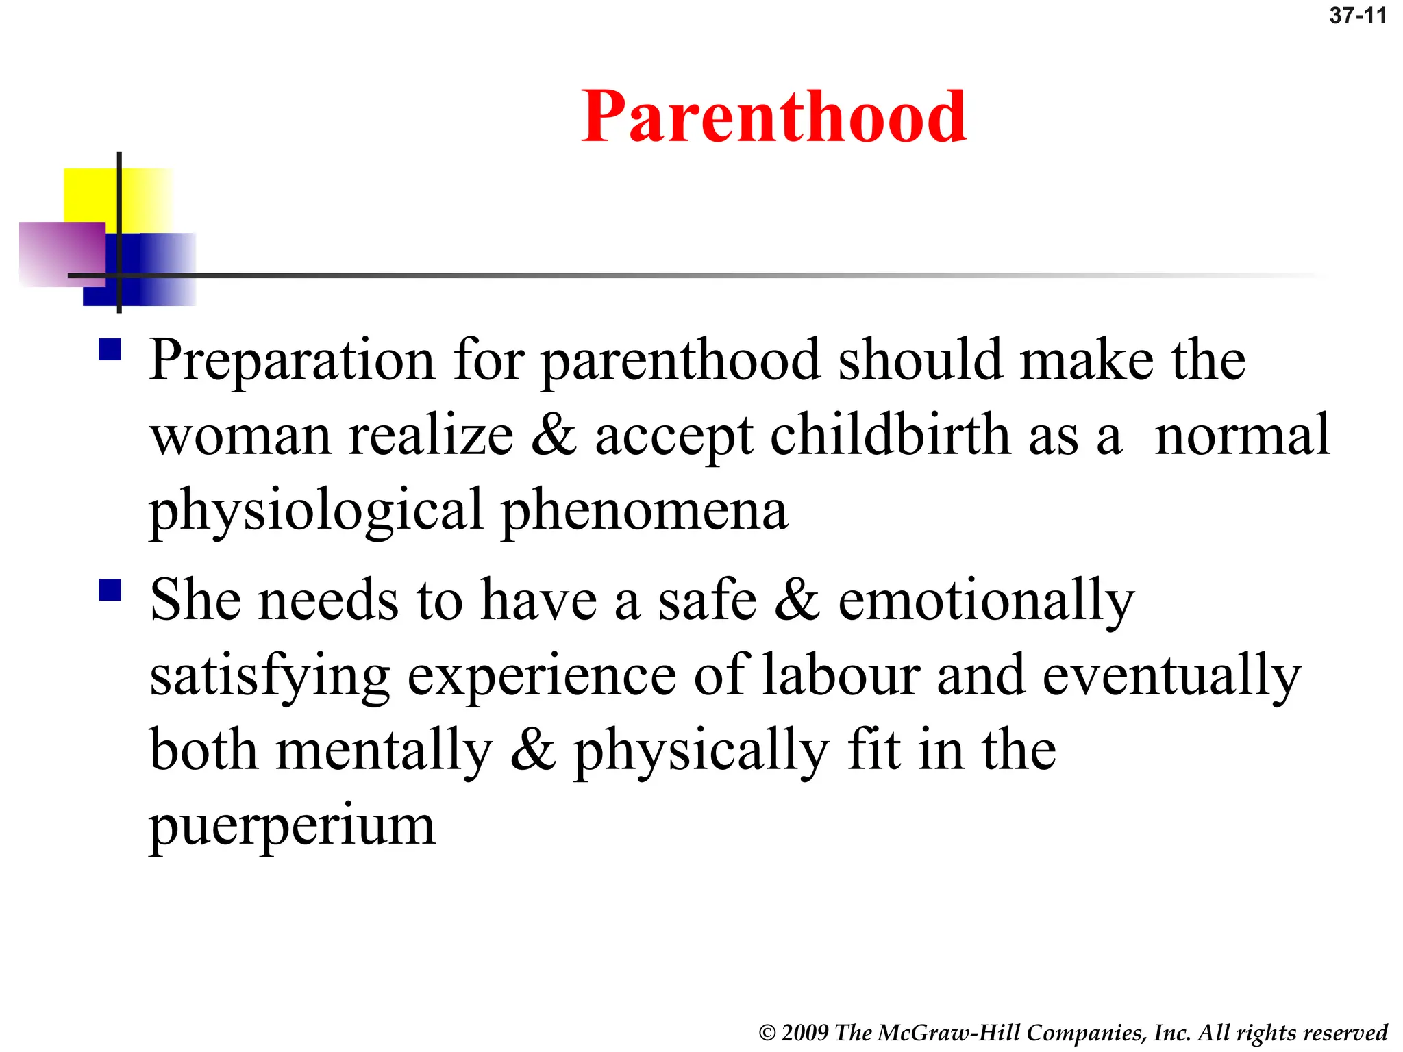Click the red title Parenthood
coord(773,117)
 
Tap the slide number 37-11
coord(1357,16)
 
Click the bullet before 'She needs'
coord(110,590)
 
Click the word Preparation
coord(292,360)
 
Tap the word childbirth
coord(890,436)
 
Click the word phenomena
coord(645,511)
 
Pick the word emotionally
coord(986,601)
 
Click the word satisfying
coord(270,676)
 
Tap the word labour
coord(841,676)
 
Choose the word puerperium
coord(293,826)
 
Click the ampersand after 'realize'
coord(554,436)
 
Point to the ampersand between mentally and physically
coord(532,751)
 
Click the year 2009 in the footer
coord(804,1033)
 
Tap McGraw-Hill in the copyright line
coord(949,1033)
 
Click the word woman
coord(240,436)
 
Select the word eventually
coord(1171,676)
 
